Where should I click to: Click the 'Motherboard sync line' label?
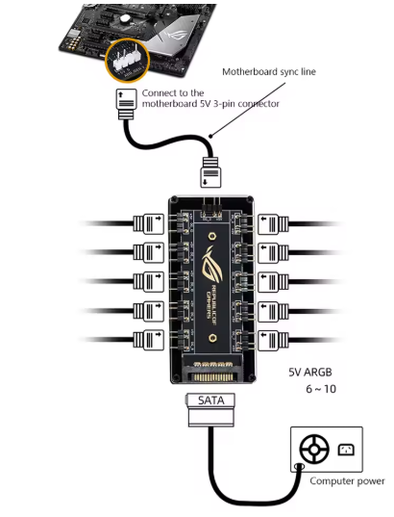[269, 72]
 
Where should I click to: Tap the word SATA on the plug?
[211, 401]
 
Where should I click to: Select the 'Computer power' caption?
[347, 481]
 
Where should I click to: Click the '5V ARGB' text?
[310, 373]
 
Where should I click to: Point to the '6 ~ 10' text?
[321, 389]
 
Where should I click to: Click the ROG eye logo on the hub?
[211, 263]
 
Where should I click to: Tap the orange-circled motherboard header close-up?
[128, 60]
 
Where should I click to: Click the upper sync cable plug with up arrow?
[127, 104]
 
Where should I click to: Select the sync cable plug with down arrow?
[210, 172]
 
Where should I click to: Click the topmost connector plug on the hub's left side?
[148, 224]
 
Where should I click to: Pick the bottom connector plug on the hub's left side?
[148, 340]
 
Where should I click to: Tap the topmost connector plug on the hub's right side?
[273, 224]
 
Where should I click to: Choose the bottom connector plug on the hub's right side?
[273, 340]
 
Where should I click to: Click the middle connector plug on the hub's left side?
[148, 282]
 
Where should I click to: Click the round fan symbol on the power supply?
[314, 449]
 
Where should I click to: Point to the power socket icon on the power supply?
[346, 450]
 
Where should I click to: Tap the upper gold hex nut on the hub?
[212, 236]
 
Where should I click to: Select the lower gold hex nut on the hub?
[213, 338]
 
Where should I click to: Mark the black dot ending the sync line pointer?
[210, 136]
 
